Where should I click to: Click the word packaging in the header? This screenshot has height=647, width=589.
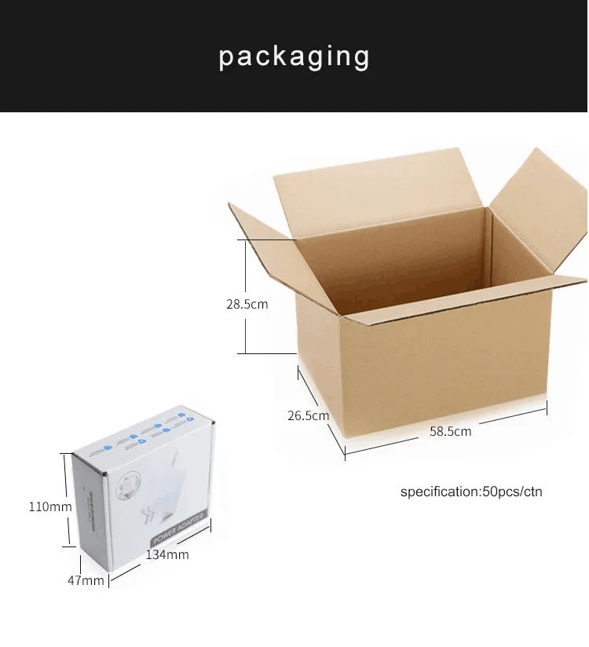pyautogui.click(x=294, y=57)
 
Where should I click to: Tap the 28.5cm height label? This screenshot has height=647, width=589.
pyautogui.click(x=247, y=304)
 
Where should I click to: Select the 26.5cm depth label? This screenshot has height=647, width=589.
pyautogui.click(x=307, y=415)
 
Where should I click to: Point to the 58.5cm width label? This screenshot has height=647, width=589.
pyautogui.click(x=450, y=431)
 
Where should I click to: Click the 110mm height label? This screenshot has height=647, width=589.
pyautogui.click(x=50, y=506)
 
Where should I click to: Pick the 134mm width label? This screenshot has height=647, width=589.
pyautogui.click(x=166, y=554)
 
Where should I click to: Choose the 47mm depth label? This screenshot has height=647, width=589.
pyautogui.click(x=86, y=580)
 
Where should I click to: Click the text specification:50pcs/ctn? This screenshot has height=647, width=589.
pyautogui.click(x=471, y=492)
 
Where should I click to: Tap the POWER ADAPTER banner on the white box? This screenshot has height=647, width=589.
pyautogui.click(x=177, y=528)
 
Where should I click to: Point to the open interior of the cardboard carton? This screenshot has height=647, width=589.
pyautogui.click(x=408, y=259)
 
